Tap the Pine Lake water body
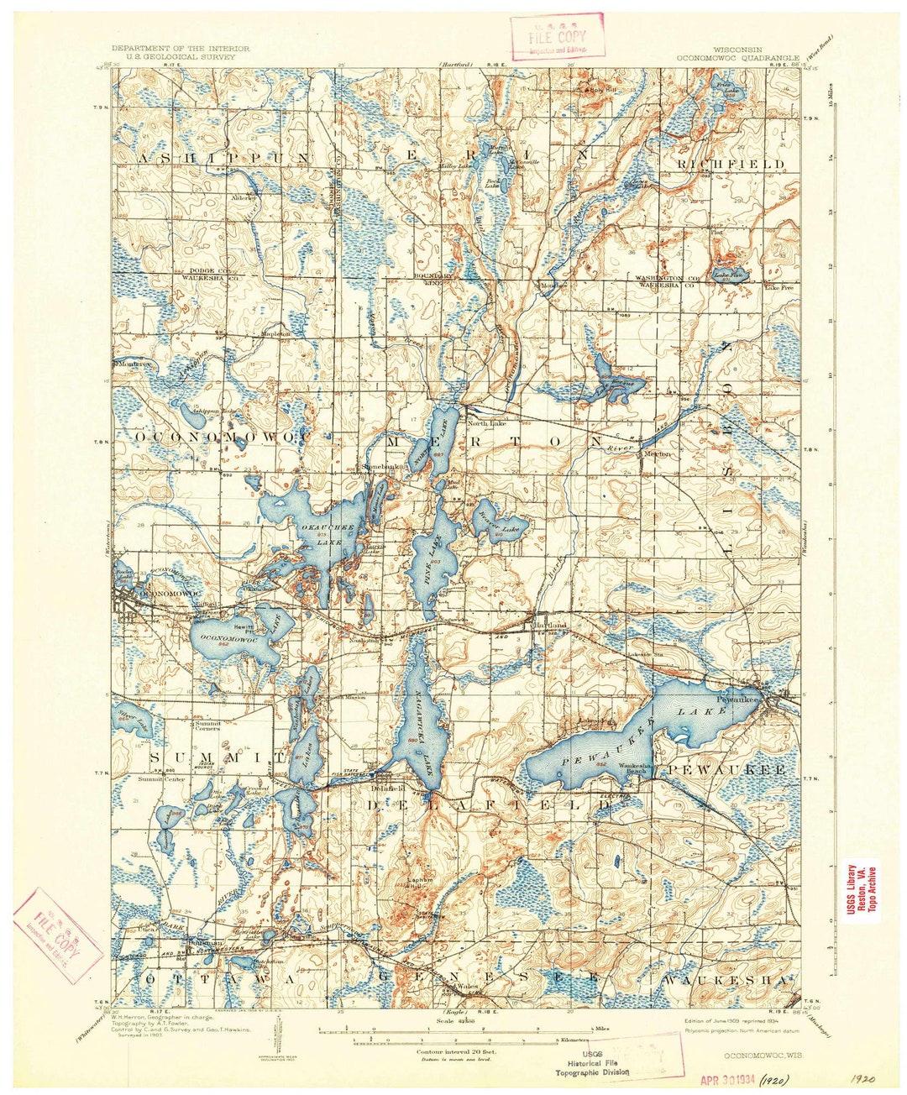(x=433, y=563)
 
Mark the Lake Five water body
(x=727, y=275)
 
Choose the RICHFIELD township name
(x=731, y=163)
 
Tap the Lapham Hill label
(x=419, y=883)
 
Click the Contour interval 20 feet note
(x=457, y=1050)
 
